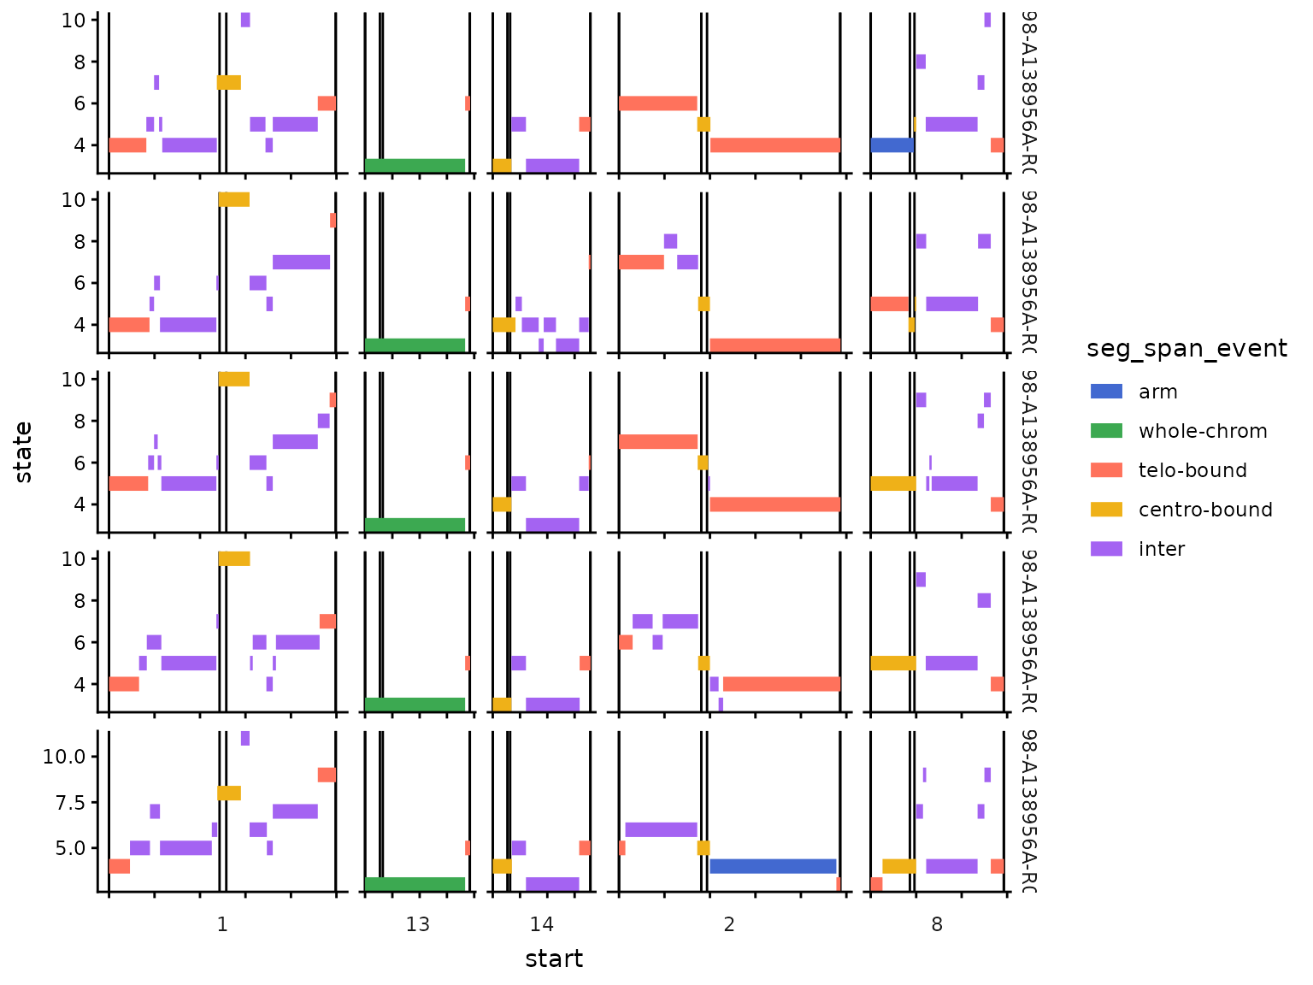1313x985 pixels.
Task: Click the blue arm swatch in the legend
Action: coord(1106,392)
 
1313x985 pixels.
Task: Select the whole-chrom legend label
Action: coord(1202,431)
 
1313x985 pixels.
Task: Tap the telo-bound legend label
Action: coord(1192,470)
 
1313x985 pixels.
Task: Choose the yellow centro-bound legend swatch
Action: coord(1106,510)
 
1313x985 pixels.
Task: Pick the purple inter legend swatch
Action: coord(1106,549)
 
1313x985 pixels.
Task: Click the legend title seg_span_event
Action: coord(1186,349)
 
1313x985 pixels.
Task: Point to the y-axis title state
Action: coord(23,452)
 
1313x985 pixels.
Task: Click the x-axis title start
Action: coord(554,959)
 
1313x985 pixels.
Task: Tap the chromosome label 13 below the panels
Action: coord(418,924)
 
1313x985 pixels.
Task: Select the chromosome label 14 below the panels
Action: coord(541,924)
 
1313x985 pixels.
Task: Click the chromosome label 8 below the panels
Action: coord(937,924)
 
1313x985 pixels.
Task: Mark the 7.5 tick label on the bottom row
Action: coord(68,802)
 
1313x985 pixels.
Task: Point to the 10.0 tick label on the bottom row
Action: coord(63,757)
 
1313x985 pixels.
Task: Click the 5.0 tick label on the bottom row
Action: coord(68,848)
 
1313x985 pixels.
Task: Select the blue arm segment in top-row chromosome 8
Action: coord(892,145)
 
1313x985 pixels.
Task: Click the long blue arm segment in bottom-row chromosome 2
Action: coord(772,866)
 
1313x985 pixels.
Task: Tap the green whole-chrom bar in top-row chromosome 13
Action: coord(415,166)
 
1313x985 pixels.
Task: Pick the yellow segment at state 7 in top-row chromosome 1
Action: coord(229,83)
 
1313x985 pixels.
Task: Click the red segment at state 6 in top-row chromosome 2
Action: coord(657,103)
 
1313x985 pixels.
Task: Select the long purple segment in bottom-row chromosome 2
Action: coord(661,829)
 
